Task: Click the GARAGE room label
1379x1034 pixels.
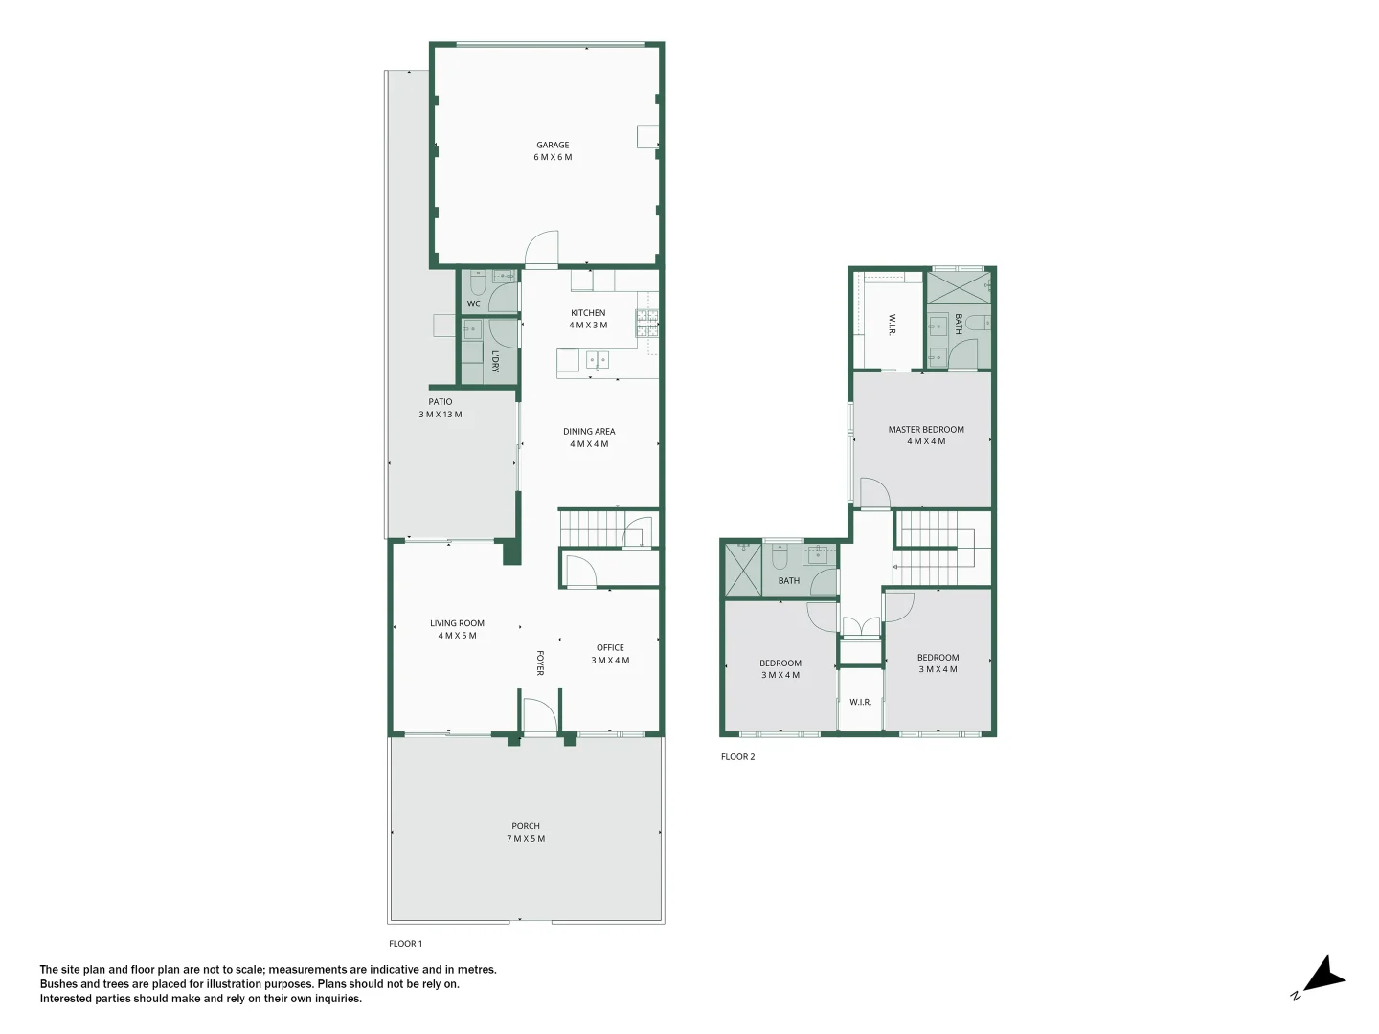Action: (x=553, y=146)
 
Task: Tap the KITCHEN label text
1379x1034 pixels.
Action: (x=588, y=313)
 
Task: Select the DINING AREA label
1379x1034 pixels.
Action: (x=589, y=432)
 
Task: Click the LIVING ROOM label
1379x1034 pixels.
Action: (x=457, y=623)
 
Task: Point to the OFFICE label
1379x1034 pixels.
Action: (x=610, y=648)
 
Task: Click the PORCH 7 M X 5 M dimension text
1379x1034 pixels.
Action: (x=526, y=839)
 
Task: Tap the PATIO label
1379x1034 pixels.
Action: (x=441, y=402)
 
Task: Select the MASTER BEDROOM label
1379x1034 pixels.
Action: (x=926, y=430)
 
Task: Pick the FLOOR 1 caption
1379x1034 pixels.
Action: (x=405, y=944)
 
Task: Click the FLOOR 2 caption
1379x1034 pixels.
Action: (x=737, y=757)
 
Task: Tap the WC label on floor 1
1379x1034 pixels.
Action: (x=473, y=304)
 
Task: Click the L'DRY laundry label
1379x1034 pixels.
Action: (x=495, y=361)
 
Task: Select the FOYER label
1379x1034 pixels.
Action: (x=539, y=663)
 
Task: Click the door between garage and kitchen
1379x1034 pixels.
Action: (x=542, y=250)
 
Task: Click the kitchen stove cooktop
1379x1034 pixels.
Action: (x=647, y=324)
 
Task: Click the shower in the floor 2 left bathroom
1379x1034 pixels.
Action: (x=742, y=570)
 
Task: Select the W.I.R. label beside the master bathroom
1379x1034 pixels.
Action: (x=892, y=325)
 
